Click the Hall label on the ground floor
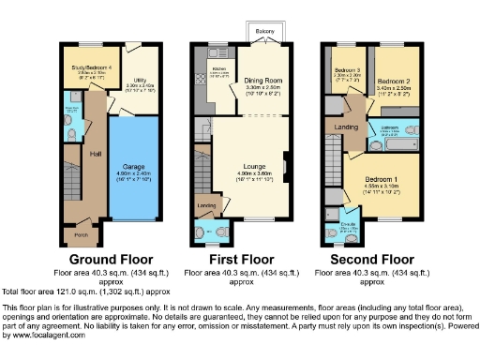(x=95, y=153)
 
